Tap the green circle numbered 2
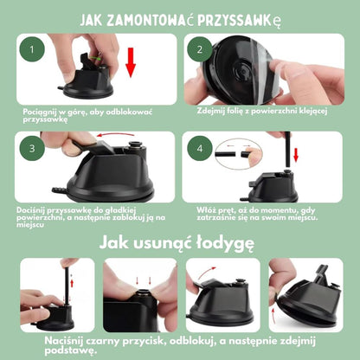198,49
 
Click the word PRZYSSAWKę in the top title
260,19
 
